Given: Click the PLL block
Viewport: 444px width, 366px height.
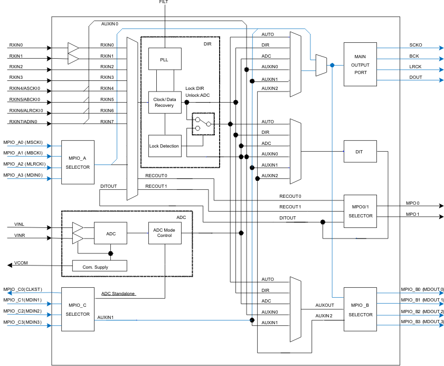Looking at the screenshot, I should (x=165, y=60).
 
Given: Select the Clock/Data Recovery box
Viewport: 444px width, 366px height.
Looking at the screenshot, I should (x=165, y=102).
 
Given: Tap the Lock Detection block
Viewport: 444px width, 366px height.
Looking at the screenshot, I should (x=165, y=145).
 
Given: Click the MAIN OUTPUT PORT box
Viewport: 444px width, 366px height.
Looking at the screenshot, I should (x=360, y=65).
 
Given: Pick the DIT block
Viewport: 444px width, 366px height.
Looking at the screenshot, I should (x=360, y=151).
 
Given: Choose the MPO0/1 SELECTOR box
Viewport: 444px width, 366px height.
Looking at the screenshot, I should (x=360, y=211).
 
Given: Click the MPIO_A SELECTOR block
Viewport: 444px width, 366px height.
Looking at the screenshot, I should (x=78, y=162).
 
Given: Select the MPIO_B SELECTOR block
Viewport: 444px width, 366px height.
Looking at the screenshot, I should (x=360, y=309).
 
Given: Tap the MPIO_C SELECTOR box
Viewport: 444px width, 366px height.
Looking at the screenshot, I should (x=78, y=309).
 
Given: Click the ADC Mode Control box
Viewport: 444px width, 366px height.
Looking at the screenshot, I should (x=164, y=233).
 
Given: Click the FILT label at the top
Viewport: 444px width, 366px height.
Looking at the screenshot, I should (x=164, y=2).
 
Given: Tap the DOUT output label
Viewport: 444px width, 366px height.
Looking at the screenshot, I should (x=415, y=78).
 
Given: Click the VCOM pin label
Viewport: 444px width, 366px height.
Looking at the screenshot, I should (x=21, y=263).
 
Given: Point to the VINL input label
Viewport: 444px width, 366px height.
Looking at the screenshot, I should (x=20, y=225).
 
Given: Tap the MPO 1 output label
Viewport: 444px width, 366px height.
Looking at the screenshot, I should (x=412, y=214).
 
